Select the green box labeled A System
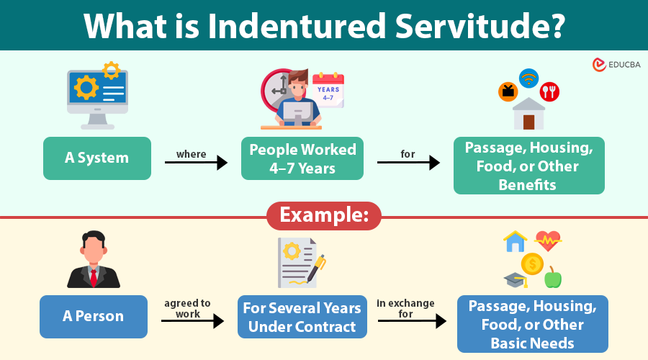[x=97, y=158]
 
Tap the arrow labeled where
[x=196, y=163]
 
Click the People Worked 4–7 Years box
[x=302, y=158]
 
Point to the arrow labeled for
[x=408, y=163]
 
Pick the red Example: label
[x=323, y=215]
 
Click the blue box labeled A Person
[x=94, y=317]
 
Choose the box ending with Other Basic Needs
[x=533, y=324]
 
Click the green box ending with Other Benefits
[x=529, y=166]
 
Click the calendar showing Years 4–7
[x=328, y=91]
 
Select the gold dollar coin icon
[x=532, y=264]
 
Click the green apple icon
[x=553, y=277]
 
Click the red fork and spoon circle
[x=549, y=91]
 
